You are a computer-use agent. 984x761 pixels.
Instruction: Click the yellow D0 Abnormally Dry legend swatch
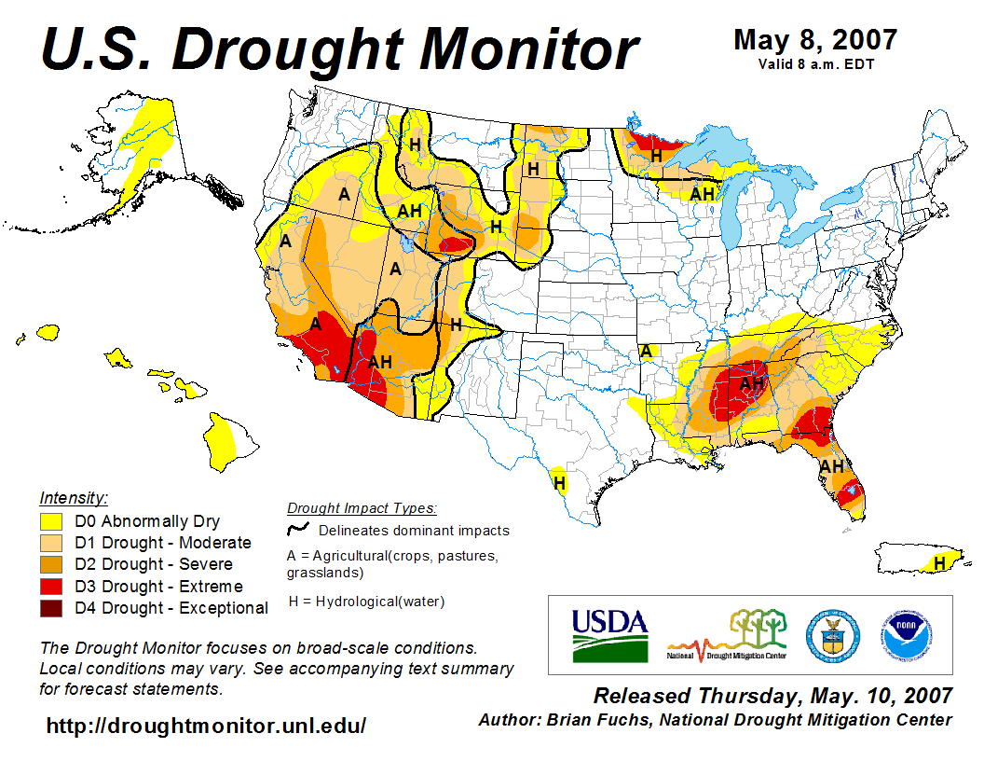click(x=51, y=520)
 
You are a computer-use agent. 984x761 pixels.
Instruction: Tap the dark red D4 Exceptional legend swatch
click(x=51, y=608)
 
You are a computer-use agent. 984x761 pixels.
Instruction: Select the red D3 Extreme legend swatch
click(x=51, y=587)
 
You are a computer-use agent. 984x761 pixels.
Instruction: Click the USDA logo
click(x=609, y=635)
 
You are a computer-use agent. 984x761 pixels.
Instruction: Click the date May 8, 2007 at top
click(x=815, y=40)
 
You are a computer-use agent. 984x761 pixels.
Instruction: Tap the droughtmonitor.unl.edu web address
click(x=206, y=725)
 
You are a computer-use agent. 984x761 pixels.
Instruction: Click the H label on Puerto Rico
click(x=940, y=563)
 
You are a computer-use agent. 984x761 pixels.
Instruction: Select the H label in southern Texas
click(x=560, y=483)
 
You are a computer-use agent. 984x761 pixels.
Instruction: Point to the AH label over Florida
click(x=831, y=465)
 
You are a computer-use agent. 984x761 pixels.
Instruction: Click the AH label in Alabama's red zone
click(x=751, y=382)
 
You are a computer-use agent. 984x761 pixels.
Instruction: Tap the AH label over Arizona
click(x=380, y=362)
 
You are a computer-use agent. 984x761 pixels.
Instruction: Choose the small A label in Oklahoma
click(x=645, y=351)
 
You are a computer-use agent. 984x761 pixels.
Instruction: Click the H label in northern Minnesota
click(x=656, y=156)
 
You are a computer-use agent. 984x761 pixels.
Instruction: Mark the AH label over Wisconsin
click(x=702, y=194)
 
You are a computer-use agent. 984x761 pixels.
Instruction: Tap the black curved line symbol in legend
click(x=298, y=529)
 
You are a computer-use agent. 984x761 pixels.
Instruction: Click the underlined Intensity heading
click(x=74, y=498)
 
